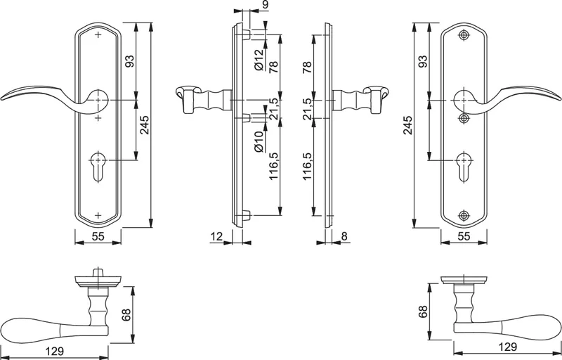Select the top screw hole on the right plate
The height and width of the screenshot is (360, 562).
463,35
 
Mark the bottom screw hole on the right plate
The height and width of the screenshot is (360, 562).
463,214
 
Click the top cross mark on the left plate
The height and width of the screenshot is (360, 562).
98,35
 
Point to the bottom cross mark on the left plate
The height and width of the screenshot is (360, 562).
98,214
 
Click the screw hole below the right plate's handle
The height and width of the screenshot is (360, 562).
463,118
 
